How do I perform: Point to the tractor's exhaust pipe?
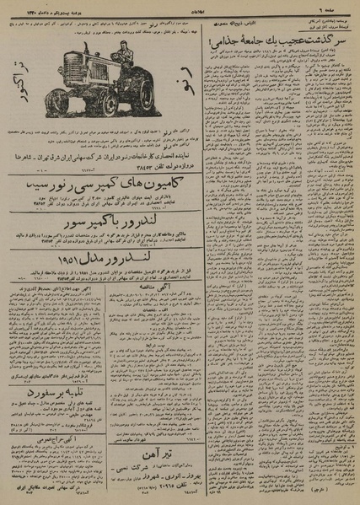pos(84,56)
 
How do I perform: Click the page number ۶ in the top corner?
pos(346,5)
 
